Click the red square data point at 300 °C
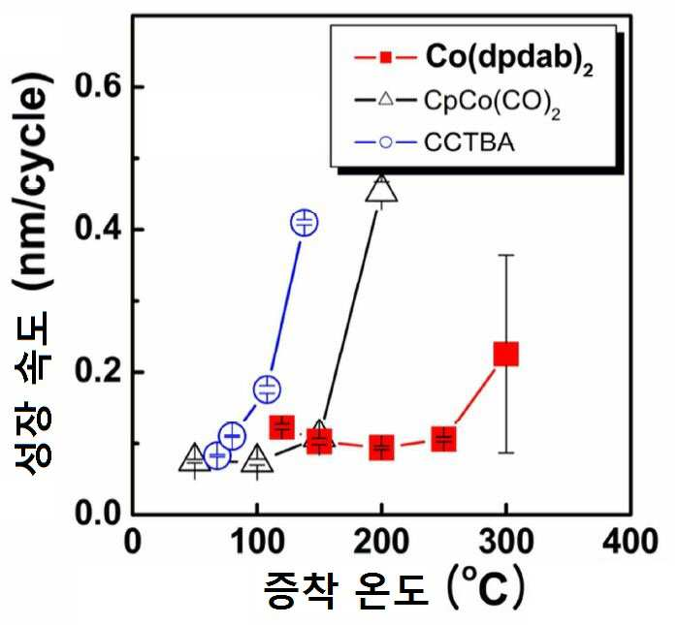point(505,354)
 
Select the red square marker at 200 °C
point(381,448)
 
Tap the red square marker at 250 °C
point(443,439)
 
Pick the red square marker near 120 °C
point(282,426)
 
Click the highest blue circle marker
point(305,222)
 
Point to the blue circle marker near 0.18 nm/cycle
point(267,390)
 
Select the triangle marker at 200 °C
point(381,188)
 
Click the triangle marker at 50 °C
point(195,457)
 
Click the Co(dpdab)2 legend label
point(509,58)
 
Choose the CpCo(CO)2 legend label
point(492,103)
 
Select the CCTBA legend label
point(469,142)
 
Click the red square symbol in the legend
point(385,57)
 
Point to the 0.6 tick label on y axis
point(97,86)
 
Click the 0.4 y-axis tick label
point(97,229)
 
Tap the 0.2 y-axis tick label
point(97,371)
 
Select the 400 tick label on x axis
point(630,541)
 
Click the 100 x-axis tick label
point(257,541)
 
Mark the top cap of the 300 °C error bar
point(505,255)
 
